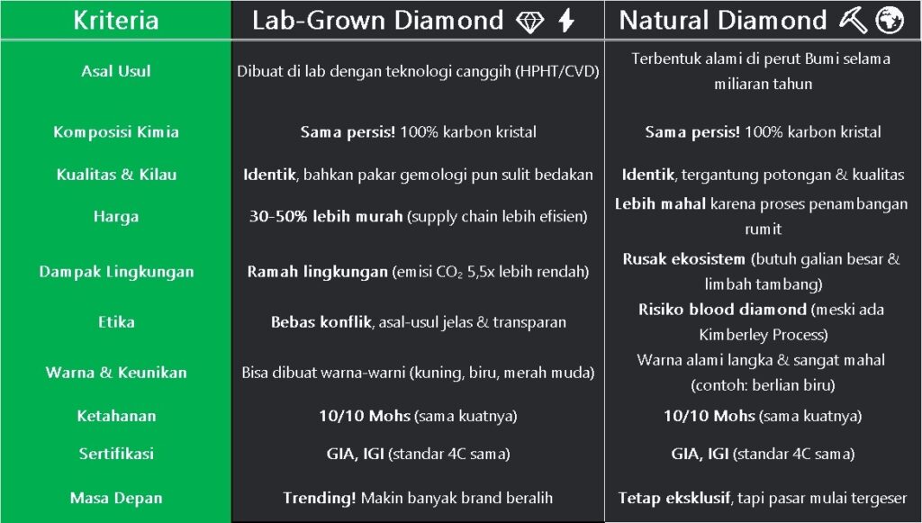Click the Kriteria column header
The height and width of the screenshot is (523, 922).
pyautogui.click(x=116, y=20)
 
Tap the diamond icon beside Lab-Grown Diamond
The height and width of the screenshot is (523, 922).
pyautogui.click(x=529, y=22)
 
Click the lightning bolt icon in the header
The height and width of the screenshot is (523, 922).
pyautogui.click(x=566, y=21)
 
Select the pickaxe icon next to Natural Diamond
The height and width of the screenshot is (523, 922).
pyautogui.click(x=852, y=21)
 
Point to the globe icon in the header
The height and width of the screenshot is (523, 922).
pyautogui.click(x=889, y=21)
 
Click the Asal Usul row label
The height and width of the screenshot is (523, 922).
pyautogui.click(x=116, y=71)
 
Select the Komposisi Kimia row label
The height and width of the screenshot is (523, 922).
pyautogui.click(x=116, y=131)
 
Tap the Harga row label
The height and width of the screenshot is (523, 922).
pyautogui.click(x=116, y=217)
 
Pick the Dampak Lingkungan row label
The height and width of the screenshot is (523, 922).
pyautogui.click(x=116, y=272)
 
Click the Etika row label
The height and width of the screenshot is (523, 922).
pyautogui.click(x=116, y=322)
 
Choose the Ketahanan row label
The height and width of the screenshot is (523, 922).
pyautogui.click(x=116, y=416)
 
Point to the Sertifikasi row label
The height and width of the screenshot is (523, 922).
pyautogui.click(x=116, y=454)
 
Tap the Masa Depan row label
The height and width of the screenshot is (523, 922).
pyautogui.click(x=116, y=499)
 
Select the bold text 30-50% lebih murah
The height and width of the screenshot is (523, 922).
pyautogui.click(x=326, y=216)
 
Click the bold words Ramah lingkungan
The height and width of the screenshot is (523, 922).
pyautogui.click(x=317, y=272)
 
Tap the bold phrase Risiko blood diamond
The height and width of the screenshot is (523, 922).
pyautogui.click(x=722, y=309)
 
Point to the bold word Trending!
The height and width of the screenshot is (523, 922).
pyautogui.click(x=320, y=499)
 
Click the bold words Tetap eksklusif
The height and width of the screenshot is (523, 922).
pyautogui.click(x=674, y=499)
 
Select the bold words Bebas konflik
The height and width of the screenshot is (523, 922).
pyautogui.click(x=321, y=322)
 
